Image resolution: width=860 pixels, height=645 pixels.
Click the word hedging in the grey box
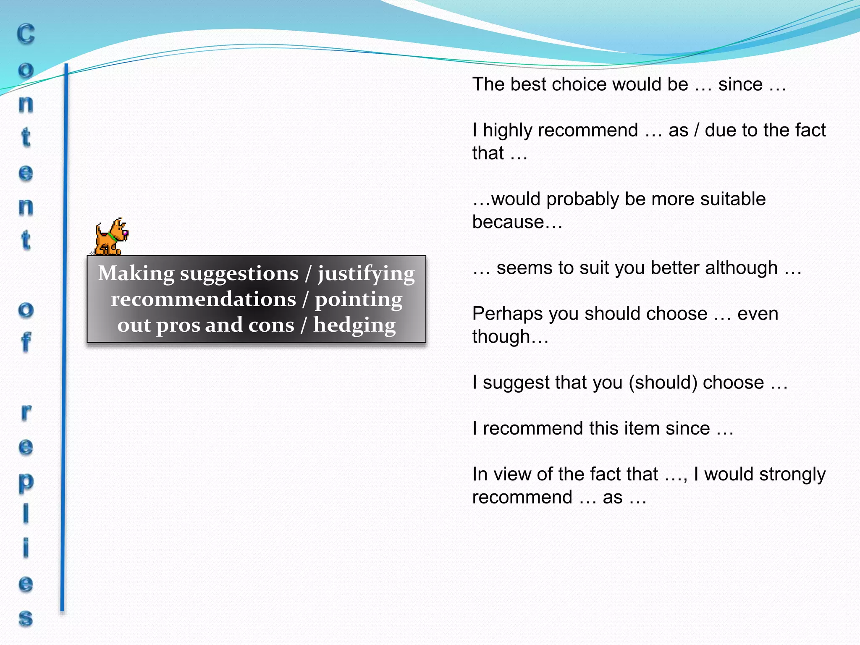354,326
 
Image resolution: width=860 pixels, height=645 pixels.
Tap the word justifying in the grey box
366,274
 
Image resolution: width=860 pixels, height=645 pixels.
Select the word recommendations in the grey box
204,299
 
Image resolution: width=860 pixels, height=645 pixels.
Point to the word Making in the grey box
136,273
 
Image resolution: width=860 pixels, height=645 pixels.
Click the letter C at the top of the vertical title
26,34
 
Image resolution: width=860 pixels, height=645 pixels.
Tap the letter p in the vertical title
26,482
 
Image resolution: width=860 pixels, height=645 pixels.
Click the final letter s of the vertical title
26,618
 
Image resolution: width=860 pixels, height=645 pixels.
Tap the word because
508,222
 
